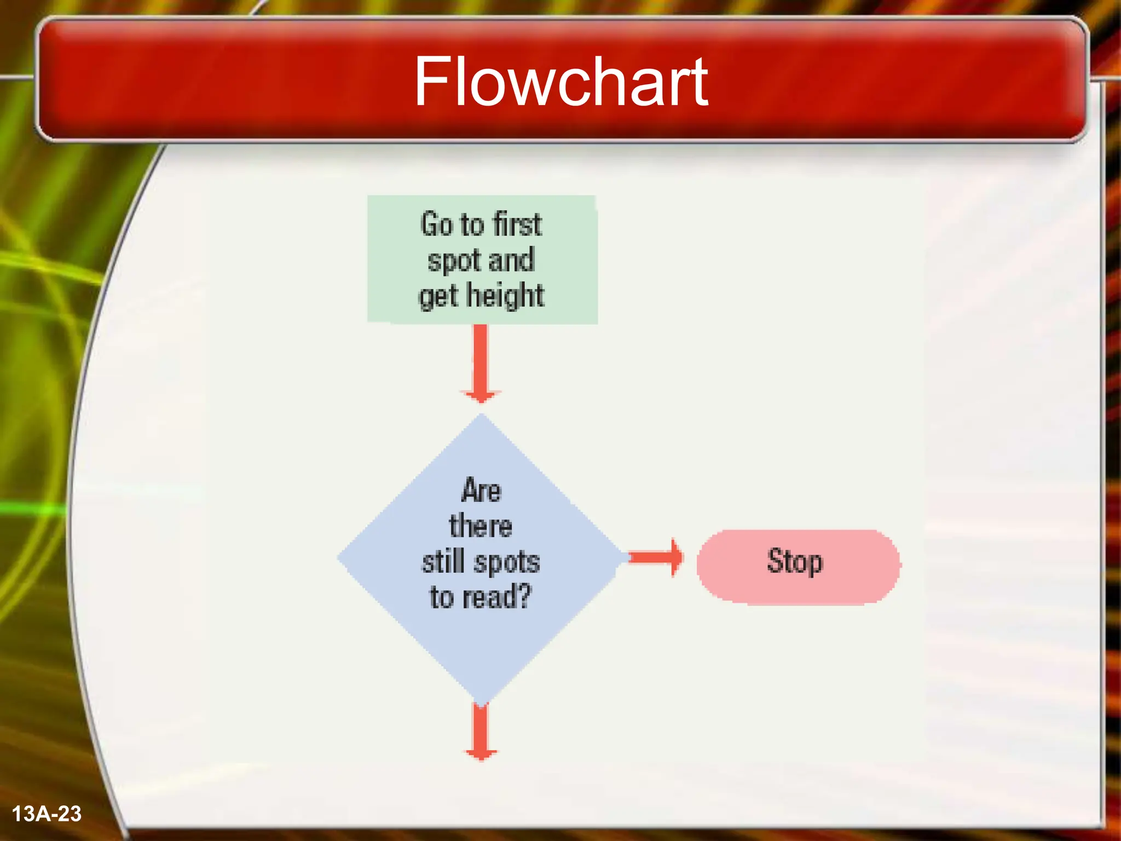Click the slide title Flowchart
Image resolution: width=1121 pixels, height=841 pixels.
(x=560, y=82)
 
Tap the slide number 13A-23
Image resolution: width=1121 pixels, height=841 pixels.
(x=47, y=814)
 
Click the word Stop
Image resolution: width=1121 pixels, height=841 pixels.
(x=795, y=562)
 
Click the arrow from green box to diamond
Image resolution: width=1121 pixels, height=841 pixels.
(x=481, y=361)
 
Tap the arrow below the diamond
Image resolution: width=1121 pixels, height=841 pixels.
(x=481, y=731)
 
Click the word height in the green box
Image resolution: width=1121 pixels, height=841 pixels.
(x=505, y=296)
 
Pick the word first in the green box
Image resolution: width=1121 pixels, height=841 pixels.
(x=517, y=224)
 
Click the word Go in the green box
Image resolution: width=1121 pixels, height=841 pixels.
(x=436, y=224)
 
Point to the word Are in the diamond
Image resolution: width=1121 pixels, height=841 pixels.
(x=481, y=489)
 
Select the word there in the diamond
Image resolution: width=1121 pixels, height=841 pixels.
(x=481, y=526)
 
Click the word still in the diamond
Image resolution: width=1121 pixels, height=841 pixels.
(x=443, y=562)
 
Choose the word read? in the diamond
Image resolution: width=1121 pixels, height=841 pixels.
(x=497, y=597)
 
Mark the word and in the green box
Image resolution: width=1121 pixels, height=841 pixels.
(x=511, y=260)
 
